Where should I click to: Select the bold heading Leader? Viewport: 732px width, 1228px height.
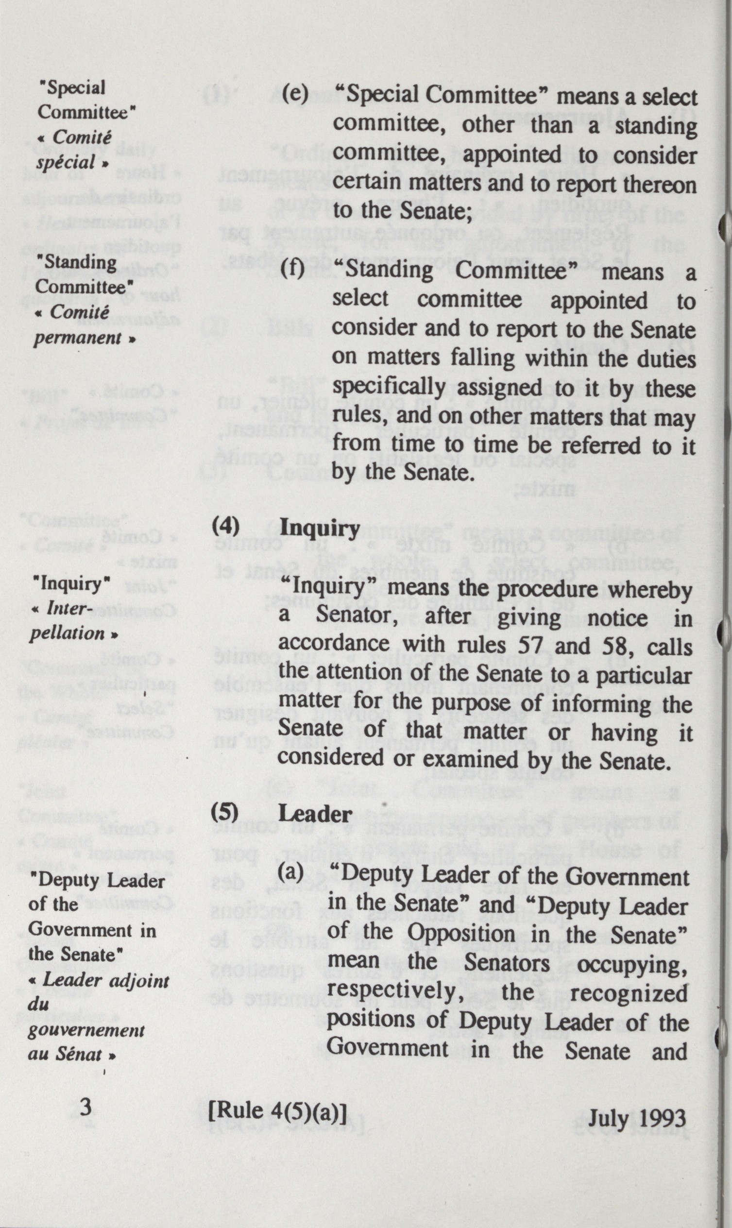click(315, 814)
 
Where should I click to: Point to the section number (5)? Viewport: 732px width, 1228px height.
click(225, 812)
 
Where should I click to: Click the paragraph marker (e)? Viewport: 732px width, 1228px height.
click(294, 93)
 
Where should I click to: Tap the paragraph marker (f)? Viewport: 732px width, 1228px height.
click(292, 269)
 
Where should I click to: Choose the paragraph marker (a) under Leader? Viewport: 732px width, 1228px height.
click(290, 872)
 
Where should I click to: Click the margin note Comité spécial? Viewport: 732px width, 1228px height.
click(71, 150)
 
